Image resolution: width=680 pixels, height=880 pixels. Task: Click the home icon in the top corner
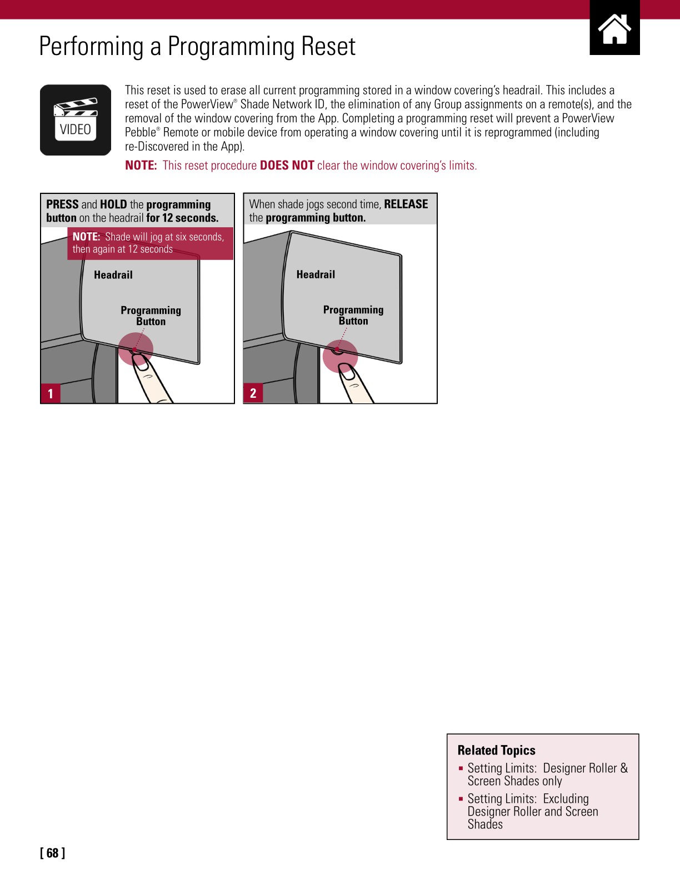pyautogui.click(x=614, y=29)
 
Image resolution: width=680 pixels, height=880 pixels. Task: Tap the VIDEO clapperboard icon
pyautogui.click(x=76, y=120)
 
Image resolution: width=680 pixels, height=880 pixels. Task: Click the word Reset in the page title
pyautogui.click(x=328, y=47)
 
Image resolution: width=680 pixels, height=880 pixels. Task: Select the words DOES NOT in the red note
pyautogui.click(x=287, y=166)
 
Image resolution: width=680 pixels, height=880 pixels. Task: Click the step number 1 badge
pyautogui.click(x=51, y=393)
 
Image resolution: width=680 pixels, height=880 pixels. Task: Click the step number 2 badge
pyautogui.click(x=253, y=393)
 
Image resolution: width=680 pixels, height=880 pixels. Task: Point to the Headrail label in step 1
pyautogui.click(x=113, y=275)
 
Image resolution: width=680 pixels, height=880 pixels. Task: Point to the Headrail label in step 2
pyautogui.click(x=316, y=274)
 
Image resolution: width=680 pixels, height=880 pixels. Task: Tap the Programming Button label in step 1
pyautogui.click(x=151, y=316)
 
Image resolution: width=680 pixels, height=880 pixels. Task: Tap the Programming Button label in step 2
pyautogui.click(x=353, y=315)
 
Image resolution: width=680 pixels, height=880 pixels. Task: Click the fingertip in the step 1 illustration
pyautogui.click(x=142, y=364)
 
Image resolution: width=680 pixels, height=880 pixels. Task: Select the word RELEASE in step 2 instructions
pyautogui.click(x=406, y=204)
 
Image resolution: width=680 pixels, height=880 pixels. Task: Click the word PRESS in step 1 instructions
pyautogui.click(x=62, y=204)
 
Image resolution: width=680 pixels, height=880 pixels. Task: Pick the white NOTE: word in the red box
pyautogui.click(x=86, y=237)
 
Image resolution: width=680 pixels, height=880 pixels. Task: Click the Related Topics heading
pyautogui.click(x=496, y=750)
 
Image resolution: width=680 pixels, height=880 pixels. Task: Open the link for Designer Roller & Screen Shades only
pyautogui.click(x=547, y=774)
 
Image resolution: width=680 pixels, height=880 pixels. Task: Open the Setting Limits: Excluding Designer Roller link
pyautogui.click(x=532, y=811)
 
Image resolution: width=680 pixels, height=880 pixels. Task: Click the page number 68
pyautogui.click(x=52, y=853)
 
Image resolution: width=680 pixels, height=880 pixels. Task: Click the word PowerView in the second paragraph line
pyautogui.click(x=207, y=104)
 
